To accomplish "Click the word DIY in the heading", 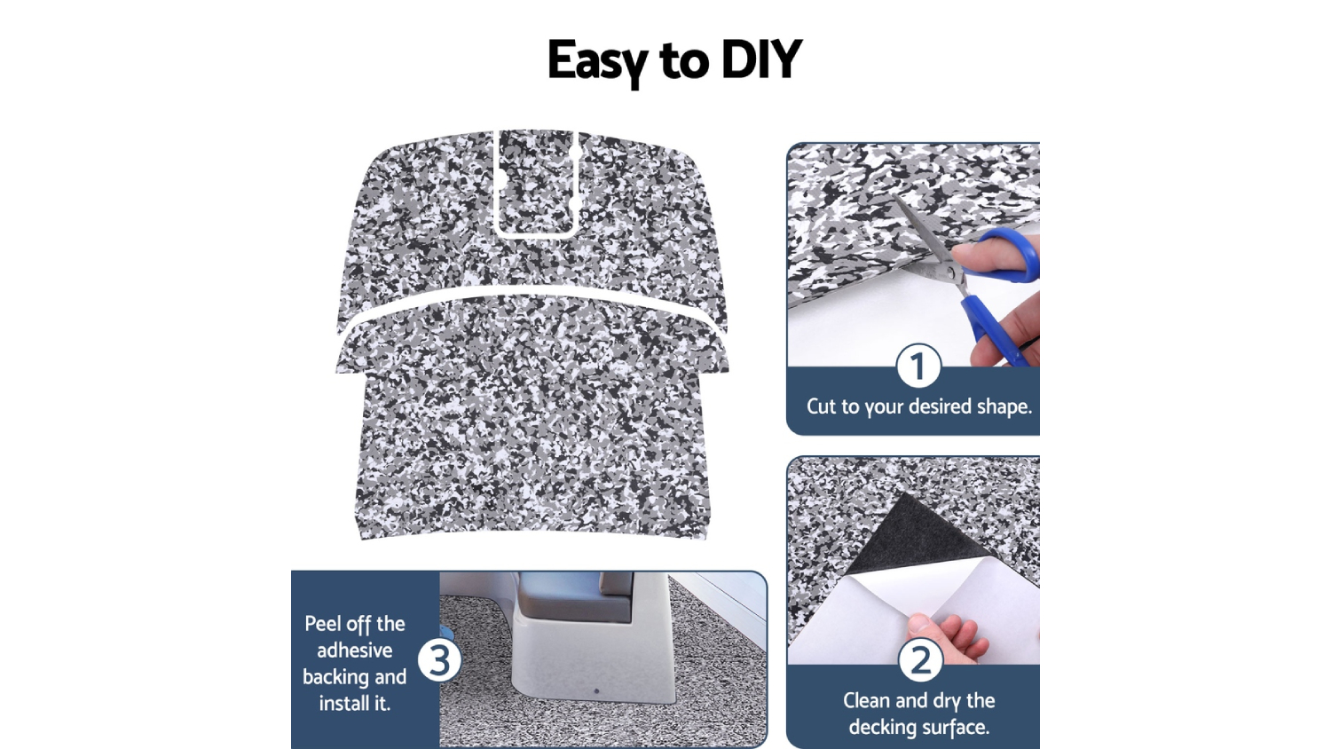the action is (x=761, y=59).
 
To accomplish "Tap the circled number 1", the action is (x=918, y=367).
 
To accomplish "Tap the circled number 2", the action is (x=920, y=660).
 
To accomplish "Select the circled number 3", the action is (x=439, y=660).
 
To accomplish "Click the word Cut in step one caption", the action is (x=821, y=406).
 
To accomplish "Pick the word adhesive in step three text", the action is (x=355, y=650).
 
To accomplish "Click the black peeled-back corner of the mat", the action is (x=914, y=534).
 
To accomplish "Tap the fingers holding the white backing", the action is (x=945, y=637).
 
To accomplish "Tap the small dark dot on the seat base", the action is (x=596, y=691).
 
